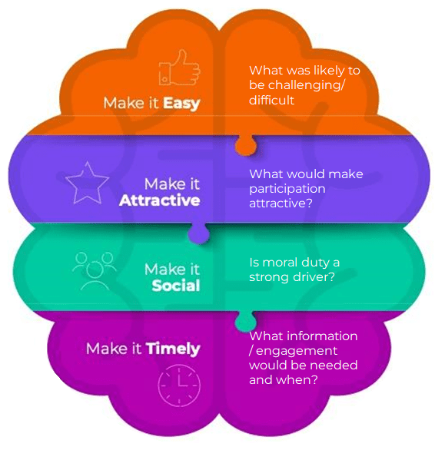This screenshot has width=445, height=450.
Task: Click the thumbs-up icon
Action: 180,68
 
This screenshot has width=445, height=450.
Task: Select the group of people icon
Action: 95,271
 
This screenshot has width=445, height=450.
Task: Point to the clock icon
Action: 179,385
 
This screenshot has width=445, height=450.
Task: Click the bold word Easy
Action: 181,104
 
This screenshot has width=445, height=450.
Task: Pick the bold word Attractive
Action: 159,200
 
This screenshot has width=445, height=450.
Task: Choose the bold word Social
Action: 176,286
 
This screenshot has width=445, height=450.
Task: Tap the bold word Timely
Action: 173,349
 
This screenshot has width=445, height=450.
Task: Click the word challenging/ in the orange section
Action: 306,85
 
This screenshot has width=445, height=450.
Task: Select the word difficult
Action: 272,100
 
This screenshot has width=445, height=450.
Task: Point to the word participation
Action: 287,189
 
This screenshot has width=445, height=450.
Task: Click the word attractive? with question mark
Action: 281,203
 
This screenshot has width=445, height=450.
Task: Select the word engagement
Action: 297,351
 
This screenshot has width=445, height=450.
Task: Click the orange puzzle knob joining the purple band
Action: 246,145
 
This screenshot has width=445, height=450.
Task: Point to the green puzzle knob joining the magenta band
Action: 245,321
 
